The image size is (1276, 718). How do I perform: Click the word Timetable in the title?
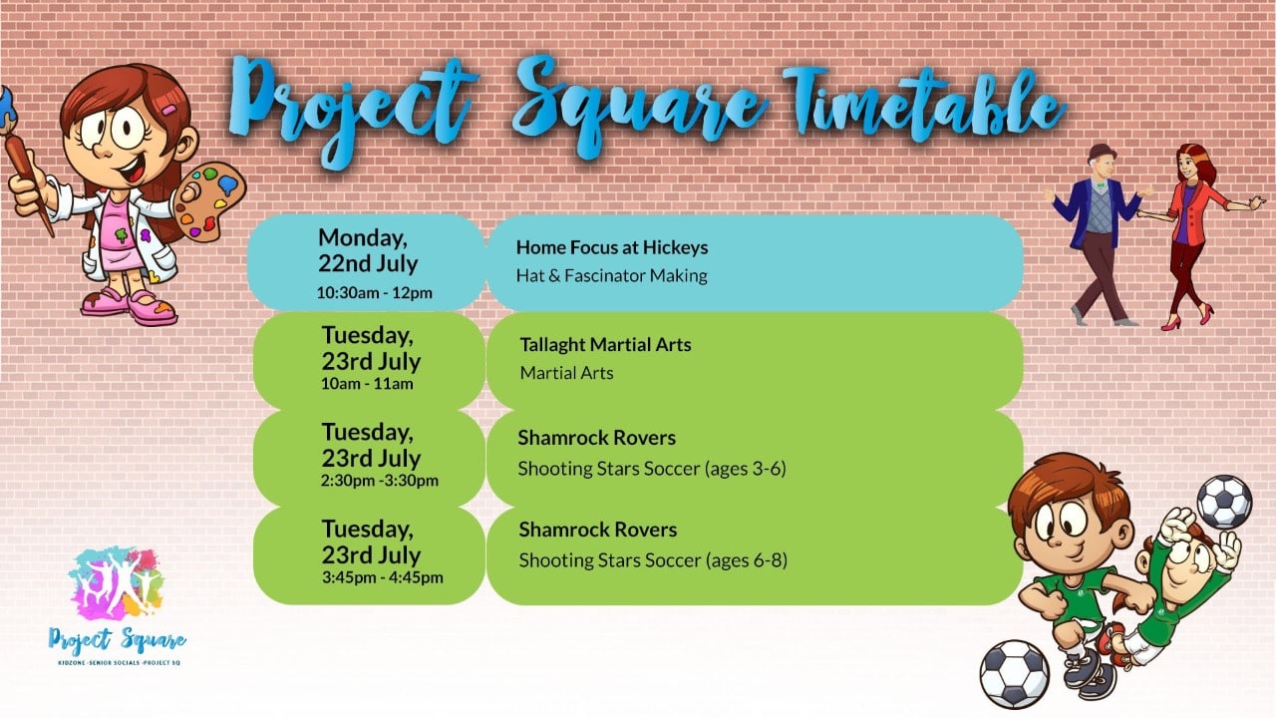pos(923,107)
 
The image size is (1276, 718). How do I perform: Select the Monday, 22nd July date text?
pos(368,250)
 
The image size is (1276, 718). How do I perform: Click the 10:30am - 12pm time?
pos(374,293)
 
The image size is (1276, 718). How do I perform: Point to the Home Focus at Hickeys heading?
pos(612,247)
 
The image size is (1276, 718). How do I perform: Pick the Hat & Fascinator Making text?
pos(612,276)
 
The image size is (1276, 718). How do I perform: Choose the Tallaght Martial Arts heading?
pos(605,345)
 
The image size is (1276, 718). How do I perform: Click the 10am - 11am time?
pos(367,384)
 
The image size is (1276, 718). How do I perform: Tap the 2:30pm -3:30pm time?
pos(380,481)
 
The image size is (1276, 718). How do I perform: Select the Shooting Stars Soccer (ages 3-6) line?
pos(652,469)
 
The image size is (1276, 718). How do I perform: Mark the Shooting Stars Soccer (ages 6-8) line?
pos(653,560)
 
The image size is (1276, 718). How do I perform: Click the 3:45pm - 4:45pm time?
pos(382,577)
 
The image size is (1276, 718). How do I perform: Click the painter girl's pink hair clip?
pos(169,110)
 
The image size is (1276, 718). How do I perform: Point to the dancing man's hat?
pos(1102,153)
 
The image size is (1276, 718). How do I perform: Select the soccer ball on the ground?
pos(1014,675)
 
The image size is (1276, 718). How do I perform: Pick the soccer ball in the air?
pos(1224,502)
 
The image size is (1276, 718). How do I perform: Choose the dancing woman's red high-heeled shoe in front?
pos(1171,323)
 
